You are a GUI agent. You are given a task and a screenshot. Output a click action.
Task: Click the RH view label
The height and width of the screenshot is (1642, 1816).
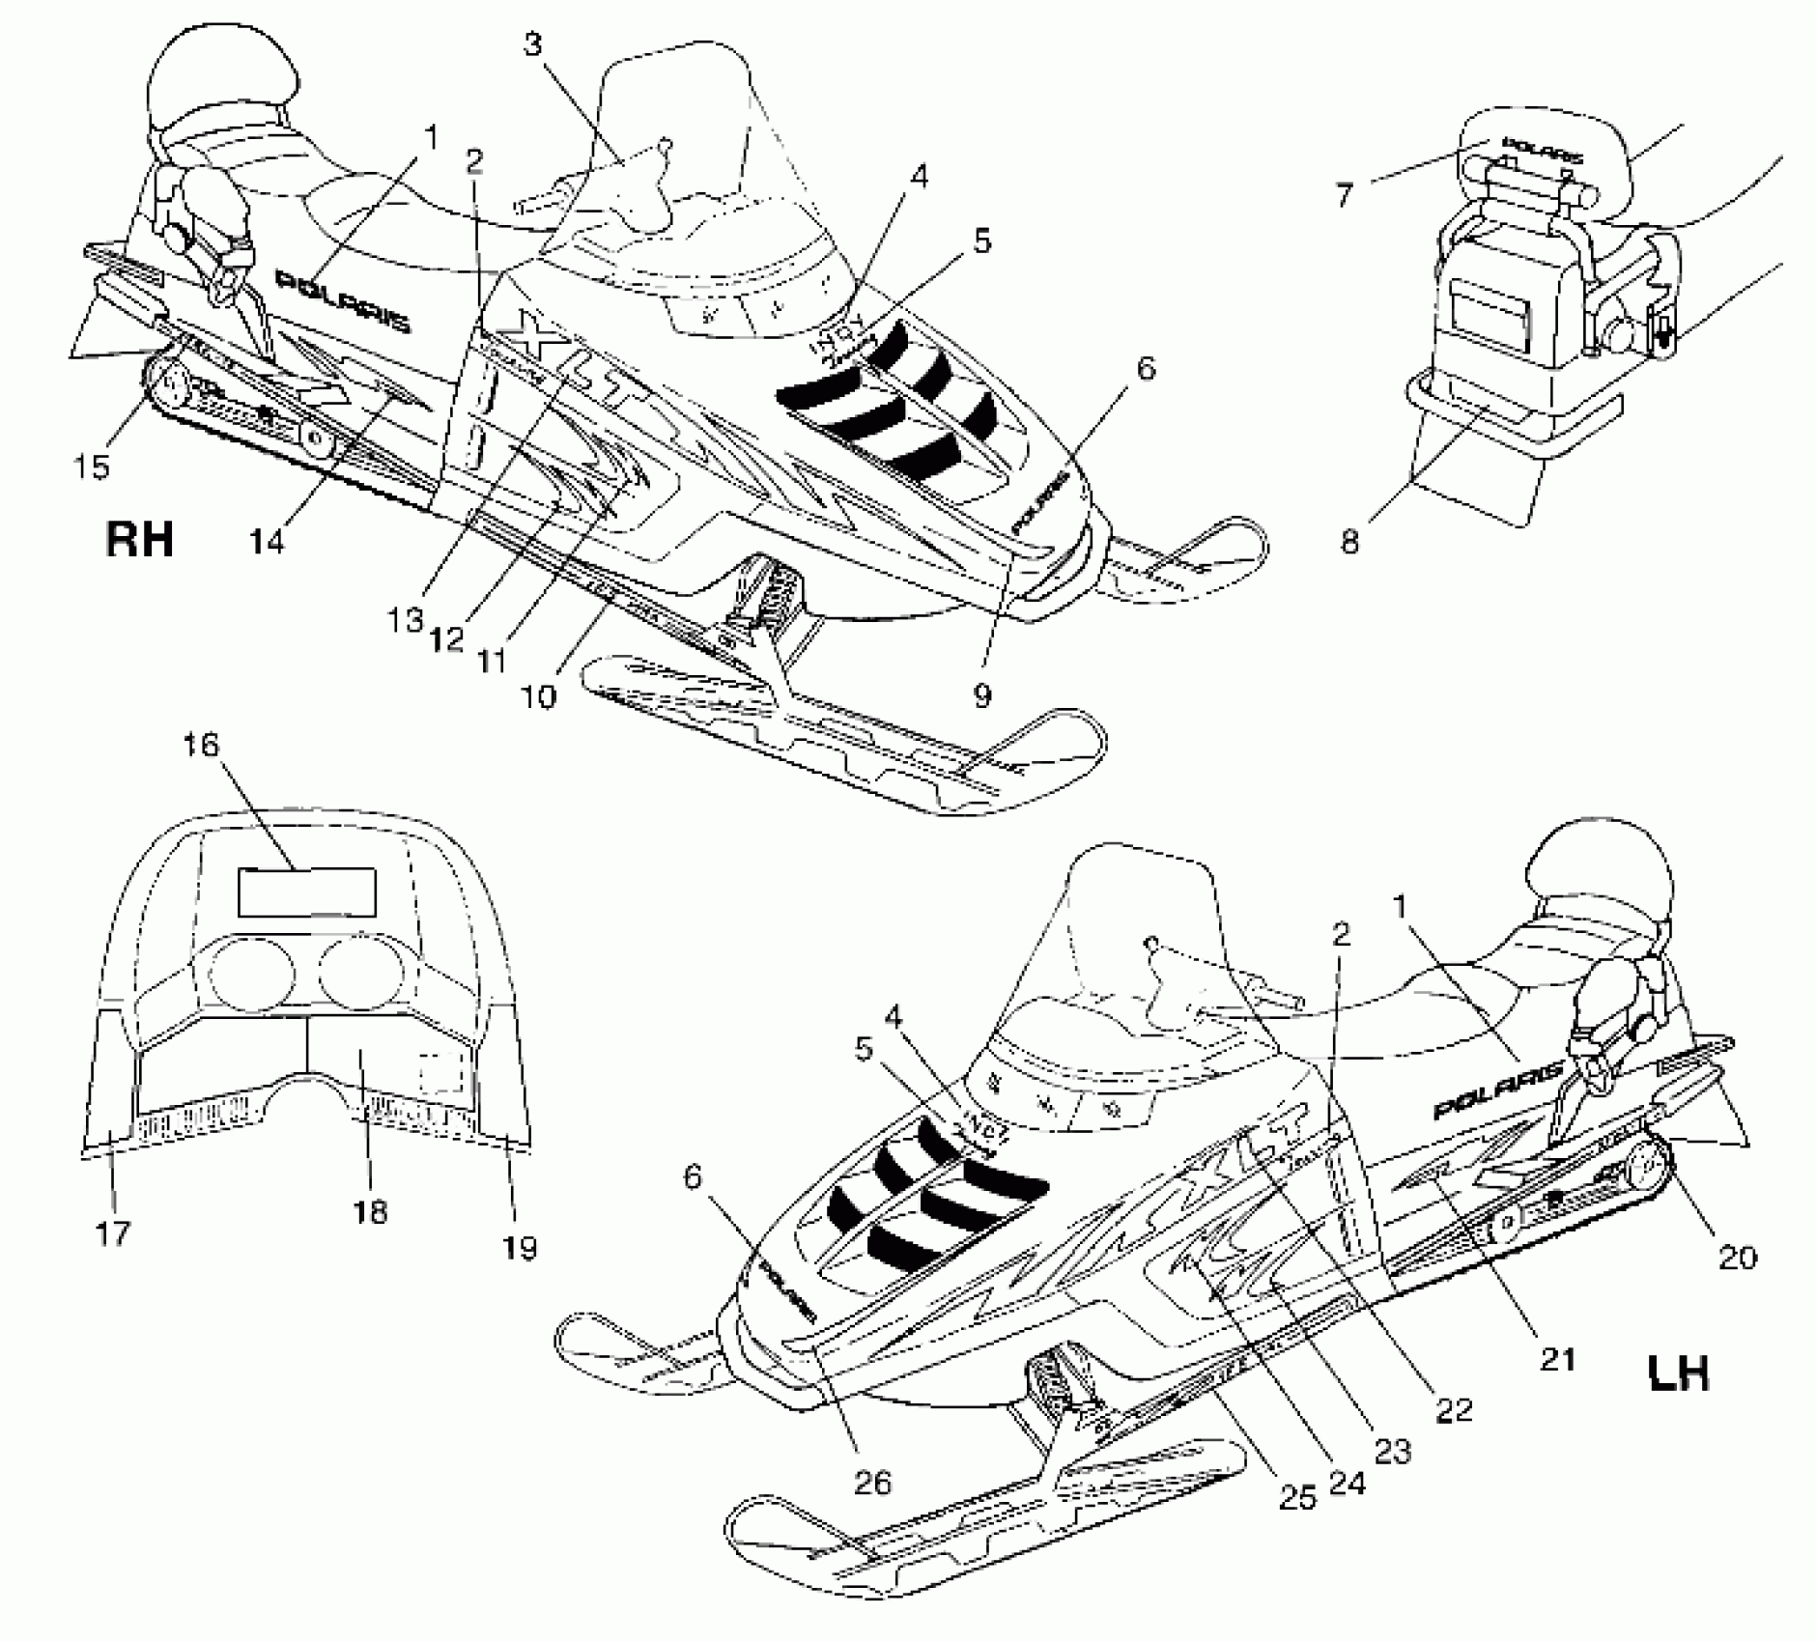139,539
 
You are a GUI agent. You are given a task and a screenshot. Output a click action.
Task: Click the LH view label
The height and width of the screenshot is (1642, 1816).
1678,1372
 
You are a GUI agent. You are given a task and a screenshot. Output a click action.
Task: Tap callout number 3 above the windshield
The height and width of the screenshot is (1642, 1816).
533,45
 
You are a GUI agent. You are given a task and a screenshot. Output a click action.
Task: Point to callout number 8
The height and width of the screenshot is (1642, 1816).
1349,541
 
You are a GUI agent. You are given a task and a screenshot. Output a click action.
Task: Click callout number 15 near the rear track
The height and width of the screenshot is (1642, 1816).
92,465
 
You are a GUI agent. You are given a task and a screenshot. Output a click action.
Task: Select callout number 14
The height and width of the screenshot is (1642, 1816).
267,541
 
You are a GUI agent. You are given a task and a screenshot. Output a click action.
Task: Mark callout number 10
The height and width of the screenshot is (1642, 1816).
543,694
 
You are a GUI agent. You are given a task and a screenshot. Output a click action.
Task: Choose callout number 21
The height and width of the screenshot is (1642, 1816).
1557,1358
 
